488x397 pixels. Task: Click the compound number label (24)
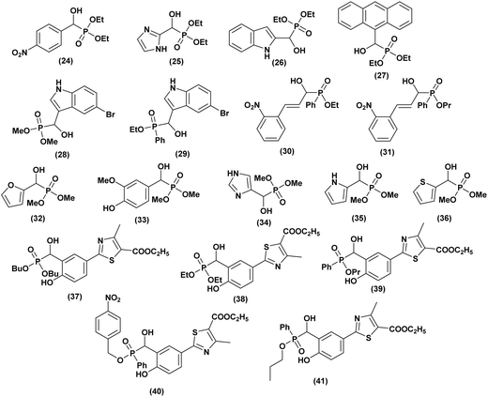65,61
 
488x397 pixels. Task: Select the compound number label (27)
380,75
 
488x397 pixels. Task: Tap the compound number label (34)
262,223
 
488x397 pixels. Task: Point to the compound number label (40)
156,391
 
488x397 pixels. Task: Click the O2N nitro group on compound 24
20,53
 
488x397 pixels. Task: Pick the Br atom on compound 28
110,115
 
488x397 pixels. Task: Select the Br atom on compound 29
224,113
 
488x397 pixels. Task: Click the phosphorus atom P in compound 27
387,51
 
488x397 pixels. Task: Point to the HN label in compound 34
236,173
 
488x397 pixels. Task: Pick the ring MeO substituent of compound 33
107,180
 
